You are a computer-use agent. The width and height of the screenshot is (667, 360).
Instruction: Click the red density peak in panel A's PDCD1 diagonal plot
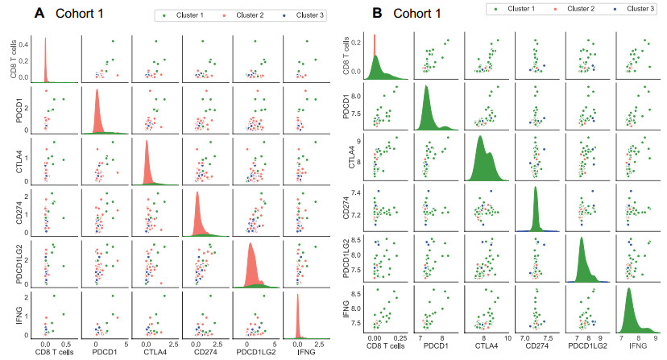(x=97, y=90)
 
